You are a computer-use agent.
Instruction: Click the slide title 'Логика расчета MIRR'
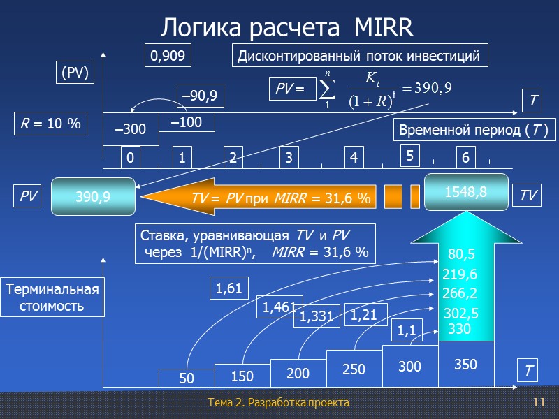287,28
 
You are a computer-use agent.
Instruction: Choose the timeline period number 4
354,159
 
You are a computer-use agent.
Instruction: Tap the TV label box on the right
529,196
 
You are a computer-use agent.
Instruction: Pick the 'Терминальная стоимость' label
54,297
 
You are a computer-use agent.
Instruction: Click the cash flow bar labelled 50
186,378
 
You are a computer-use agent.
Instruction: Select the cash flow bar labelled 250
354,368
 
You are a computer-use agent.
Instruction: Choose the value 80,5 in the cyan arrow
461,253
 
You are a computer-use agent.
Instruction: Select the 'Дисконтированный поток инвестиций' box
358,57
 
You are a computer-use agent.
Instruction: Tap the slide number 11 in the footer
538,404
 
